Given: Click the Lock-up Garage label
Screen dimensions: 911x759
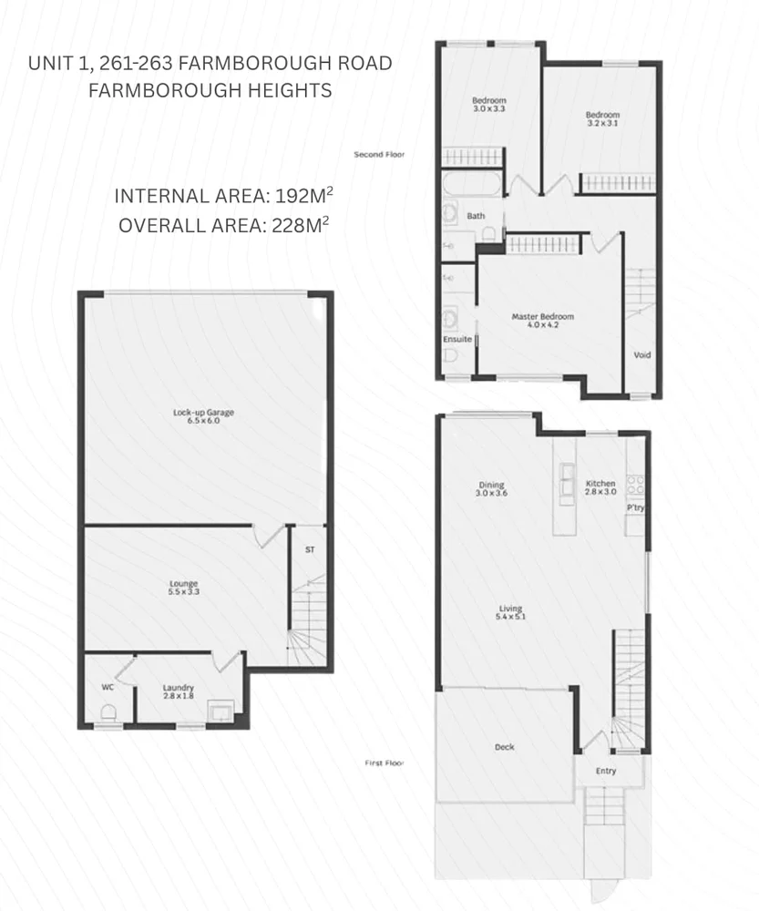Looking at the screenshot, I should [204, 417].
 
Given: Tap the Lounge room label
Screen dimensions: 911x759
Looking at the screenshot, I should [183, 589].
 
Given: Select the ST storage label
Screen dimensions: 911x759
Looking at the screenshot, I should [309, 550].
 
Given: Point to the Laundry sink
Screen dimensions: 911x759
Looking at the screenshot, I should [219, 709].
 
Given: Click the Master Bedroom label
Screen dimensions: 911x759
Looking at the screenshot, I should [542, 320].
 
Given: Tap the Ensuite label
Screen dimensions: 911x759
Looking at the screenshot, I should [457, 339].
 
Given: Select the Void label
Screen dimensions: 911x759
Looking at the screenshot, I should [642, 355].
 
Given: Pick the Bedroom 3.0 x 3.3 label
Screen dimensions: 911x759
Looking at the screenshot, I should [488, 104].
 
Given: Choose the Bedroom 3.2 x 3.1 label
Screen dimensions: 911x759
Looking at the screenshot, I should [602, 119].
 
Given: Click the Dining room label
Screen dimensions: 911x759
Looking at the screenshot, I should [490, 489].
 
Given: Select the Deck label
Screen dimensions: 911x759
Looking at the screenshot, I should [504, 747].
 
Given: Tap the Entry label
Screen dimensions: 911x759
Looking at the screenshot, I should [606, 771].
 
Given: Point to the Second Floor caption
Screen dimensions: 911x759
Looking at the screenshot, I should [378, 155].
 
